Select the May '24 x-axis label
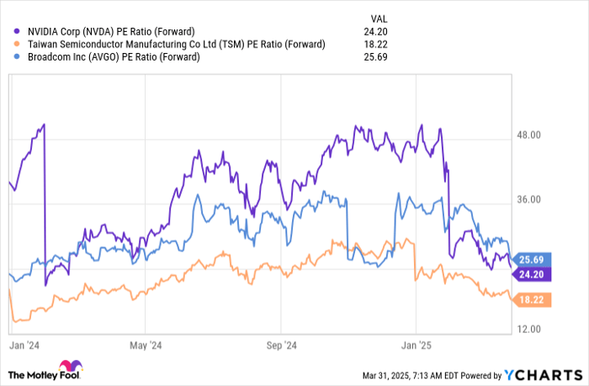pyautogui.click(x=145, y=345)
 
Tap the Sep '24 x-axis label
pyautogui.click(x=282, y=345)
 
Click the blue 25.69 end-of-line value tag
pyautogui.click(x=533, y=259)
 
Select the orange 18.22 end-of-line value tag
pyautogui.click(x=533, y=299)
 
